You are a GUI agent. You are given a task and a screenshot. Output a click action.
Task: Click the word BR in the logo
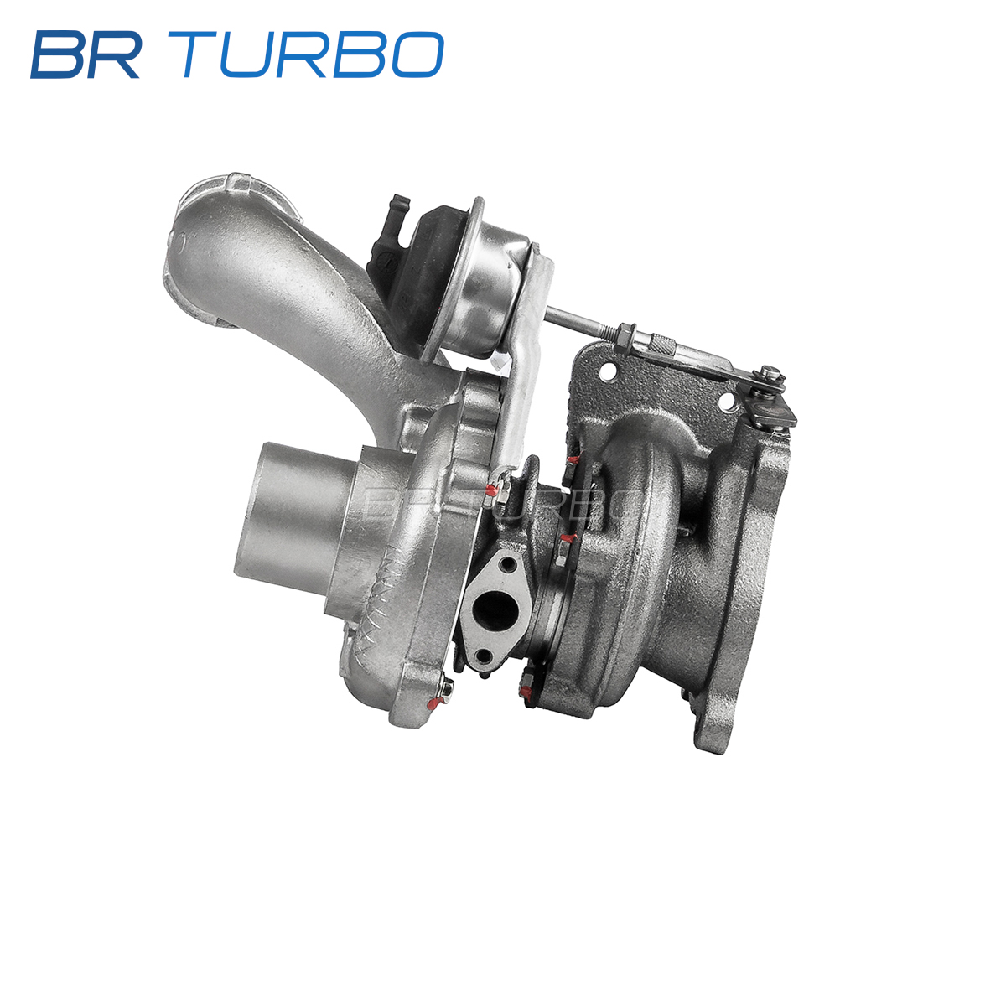(x=86, y=54)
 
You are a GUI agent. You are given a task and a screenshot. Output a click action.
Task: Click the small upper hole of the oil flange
(x=505, y=564)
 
